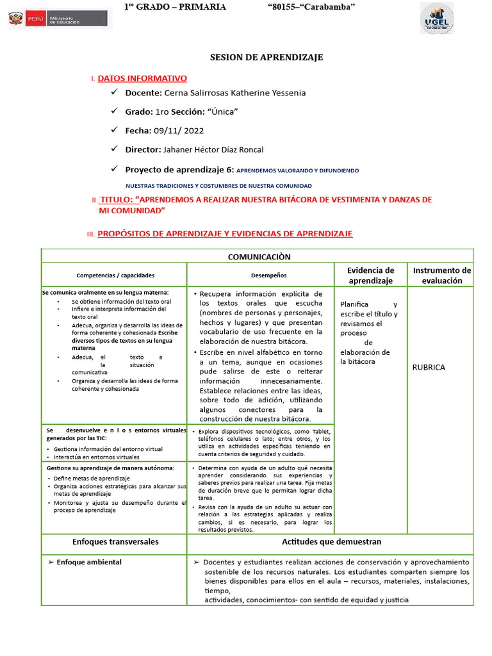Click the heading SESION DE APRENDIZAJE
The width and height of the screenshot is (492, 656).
click(x=266, y=58)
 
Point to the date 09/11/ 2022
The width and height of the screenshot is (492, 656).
click(x=179, y=130)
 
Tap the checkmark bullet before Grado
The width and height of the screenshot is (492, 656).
click(x=114, y=111)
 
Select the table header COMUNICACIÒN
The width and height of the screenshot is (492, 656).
click(x=259, y=257)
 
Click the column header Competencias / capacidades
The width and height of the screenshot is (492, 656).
click(x=115, y=275)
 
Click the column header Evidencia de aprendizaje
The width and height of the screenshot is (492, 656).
click(x=370, y=275)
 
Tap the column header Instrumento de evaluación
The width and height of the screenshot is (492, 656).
click(x=441, y=275)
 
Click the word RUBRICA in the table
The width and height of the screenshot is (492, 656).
click(x=429, y=368)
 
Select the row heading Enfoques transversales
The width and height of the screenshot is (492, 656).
click(x=115, y=541)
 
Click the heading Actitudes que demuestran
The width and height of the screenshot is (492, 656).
click(x=331, y=541)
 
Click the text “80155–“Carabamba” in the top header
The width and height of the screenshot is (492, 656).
click(x=311, y=6)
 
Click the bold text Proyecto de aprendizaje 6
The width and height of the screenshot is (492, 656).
click(x=179, y=170)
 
